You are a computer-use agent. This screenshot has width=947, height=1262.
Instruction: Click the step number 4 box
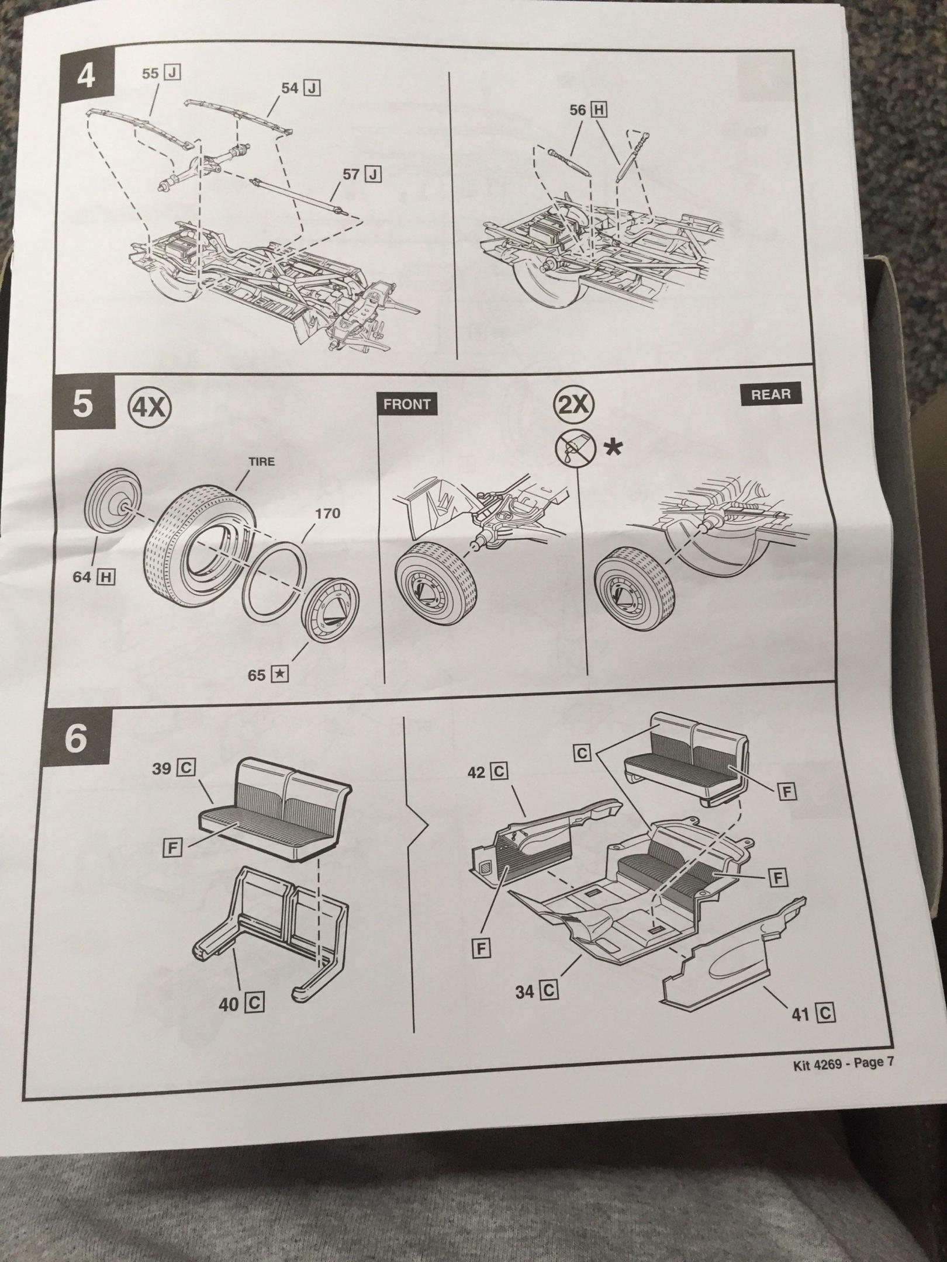coord(86,77)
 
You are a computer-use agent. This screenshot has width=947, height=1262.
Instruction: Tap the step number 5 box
coord(83,405)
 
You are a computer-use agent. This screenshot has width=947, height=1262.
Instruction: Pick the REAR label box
coord(770,394)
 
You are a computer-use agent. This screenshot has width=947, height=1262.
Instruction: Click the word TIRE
coord(261,462)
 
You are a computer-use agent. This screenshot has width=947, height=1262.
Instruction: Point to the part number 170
coord(327,514)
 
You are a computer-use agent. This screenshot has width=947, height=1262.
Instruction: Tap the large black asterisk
coord(614,448)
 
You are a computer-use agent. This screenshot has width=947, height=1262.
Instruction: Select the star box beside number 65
coord(281,675)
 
